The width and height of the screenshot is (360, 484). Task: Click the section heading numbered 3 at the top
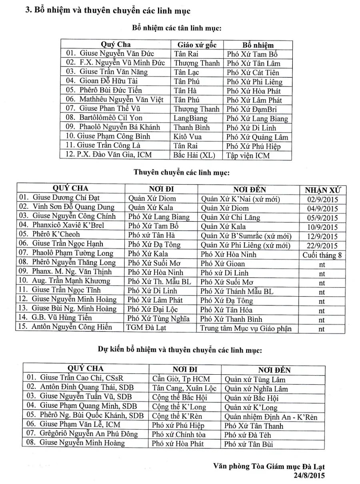pyautogui.click(x=108, y=10)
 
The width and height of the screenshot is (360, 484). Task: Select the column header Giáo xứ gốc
pyautogui.click(x=197, y=44)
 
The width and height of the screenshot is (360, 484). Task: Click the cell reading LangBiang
pyautogui.click(x=190, y=118)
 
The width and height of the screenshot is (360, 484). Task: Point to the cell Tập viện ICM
pyautogui.click(x=248, y=155)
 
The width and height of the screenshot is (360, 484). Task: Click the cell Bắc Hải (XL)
pyautogui.click(x=192, y=155)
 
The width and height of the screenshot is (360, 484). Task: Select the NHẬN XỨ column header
pyautogui.click(x=322, y=190)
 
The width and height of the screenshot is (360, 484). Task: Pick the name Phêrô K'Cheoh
pyautogui.click(x=56, y=235)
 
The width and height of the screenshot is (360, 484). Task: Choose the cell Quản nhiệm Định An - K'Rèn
pyautogui.click(x=271, y=417)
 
